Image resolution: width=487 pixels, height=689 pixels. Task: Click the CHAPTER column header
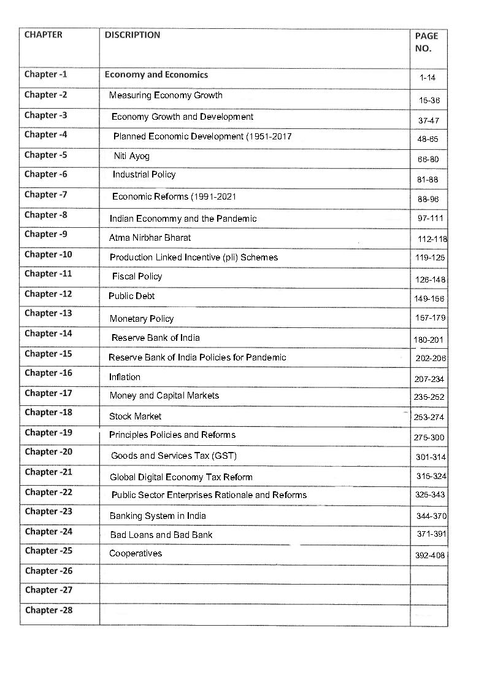(43, 35)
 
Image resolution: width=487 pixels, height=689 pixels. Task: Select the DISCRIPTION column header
(132, 35)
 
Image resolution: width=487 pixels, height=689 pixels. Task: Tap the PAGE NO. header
(426, 42)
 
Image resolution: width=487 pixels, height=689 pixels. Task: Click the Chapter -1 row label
(46, 75)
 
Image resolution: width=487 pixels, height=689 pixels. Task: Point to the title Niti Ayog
(131, 156)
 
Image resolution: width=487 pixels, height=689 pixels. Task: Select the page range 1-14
(428, 78)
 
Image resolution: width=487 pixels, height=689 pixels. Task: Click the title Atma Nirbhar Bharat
(150, 238)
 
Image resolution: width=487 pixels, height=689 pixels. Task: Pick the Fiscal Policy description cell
(137, 277)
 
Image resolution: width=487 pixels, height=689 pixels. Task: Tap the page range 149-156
(429, 299)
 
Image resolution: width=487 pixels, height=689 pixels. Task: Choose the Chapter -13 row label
(48, 313)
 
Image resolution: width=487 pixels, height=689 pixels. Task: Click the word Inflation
(125, 377)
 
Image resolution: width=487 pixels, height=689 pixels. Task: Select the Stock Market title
(135, 416)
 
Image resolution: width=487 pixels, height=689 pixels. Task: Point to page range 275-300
(429, 437)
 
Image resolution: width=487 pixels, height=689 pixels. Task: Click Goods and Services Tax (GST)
(174, 456)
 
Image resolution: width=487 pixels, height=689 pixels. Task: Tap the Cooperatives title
(136, 553)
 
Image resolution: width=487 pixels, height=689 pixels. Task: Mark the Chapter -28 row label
(49, 610)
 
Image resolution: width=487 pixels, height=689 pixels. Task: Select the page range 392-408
(430, 555)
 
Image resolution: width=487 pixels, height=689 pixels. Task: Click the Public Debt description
(131, 296)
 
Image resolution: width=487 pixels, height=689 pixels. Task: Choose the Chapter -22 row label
(48, 492)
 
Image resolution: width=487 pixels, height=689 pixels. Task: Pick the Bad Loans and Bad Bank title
(161, 535)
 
